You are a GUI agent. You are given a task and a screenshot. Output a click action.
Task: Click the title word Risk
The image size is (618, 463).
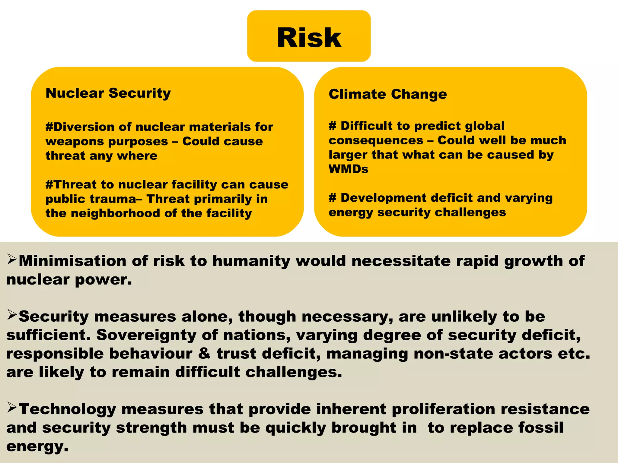pos(309,37)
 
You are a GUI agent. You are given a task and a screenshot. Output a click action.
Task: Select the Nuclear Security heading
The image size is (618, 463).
pos(108,93)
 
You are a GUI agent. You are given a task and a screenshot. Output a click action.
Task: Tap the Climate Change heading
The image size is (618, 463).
pos(388,94)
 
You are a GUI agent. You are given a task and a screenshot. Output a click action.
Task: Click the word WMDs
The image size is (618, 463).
pos(349,169)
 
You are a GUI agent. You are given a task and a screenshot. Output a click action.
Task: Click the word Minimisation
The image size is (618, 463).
pos(72,261)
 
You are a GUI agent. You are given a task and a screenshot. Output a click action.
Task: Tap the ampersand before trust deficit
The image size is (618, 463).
pos(204,354)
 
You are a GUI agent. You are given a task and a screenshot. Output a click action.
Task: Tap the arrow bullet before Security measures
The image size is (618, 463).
pos(12,315)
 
